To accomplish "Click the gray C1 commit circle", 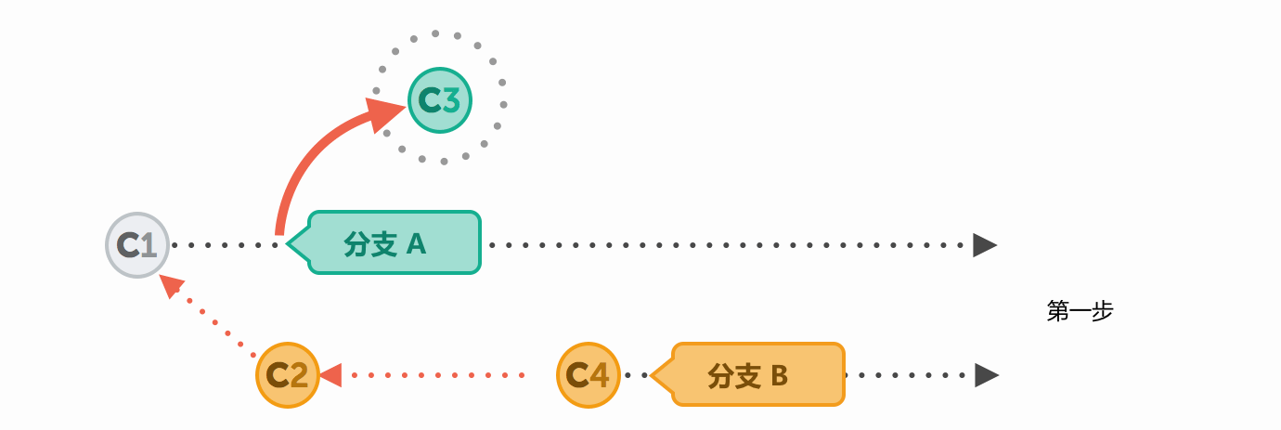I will pyautogui.click(x=137, y=245).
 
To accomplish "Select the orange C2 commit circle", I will pyautogui.click(x=288, y=375).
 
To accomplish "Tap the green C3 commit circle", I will pyautogui.click(x=440, y=100).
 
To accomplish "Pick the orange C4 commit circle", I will pyautogui.click(x=589, y=375).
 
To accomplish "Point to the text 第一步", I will pyautogui.click(x=1080, y=311).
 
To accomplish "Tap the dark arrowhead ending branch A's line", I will pyautogui.click(x=984, y=245).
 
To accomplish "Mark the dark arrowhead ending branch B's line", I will pyautogui.click(x=986, y=375).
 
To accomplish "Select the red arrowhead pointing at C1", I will pyautogui.click(x=171, y=285).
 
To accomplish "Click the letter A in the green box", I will pyautogui.click(x=416, y=244).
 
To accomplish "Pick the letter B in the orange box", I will pyautogui.click(x=779, y=376).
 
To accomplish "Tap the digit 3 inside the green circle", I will pyautogui.click(x=451, y=100).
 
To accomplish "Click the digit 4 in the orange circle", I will pyautogui.click(x=600, y=376).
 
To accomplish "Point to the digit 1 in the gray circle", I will pyautogui.click(x=149, y=246).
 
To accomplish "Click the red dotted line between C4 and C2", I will pyautogui.click(x=436, y=375).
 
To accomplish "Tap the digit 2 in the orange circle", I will pyautogui.click(x=299, y=376).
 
